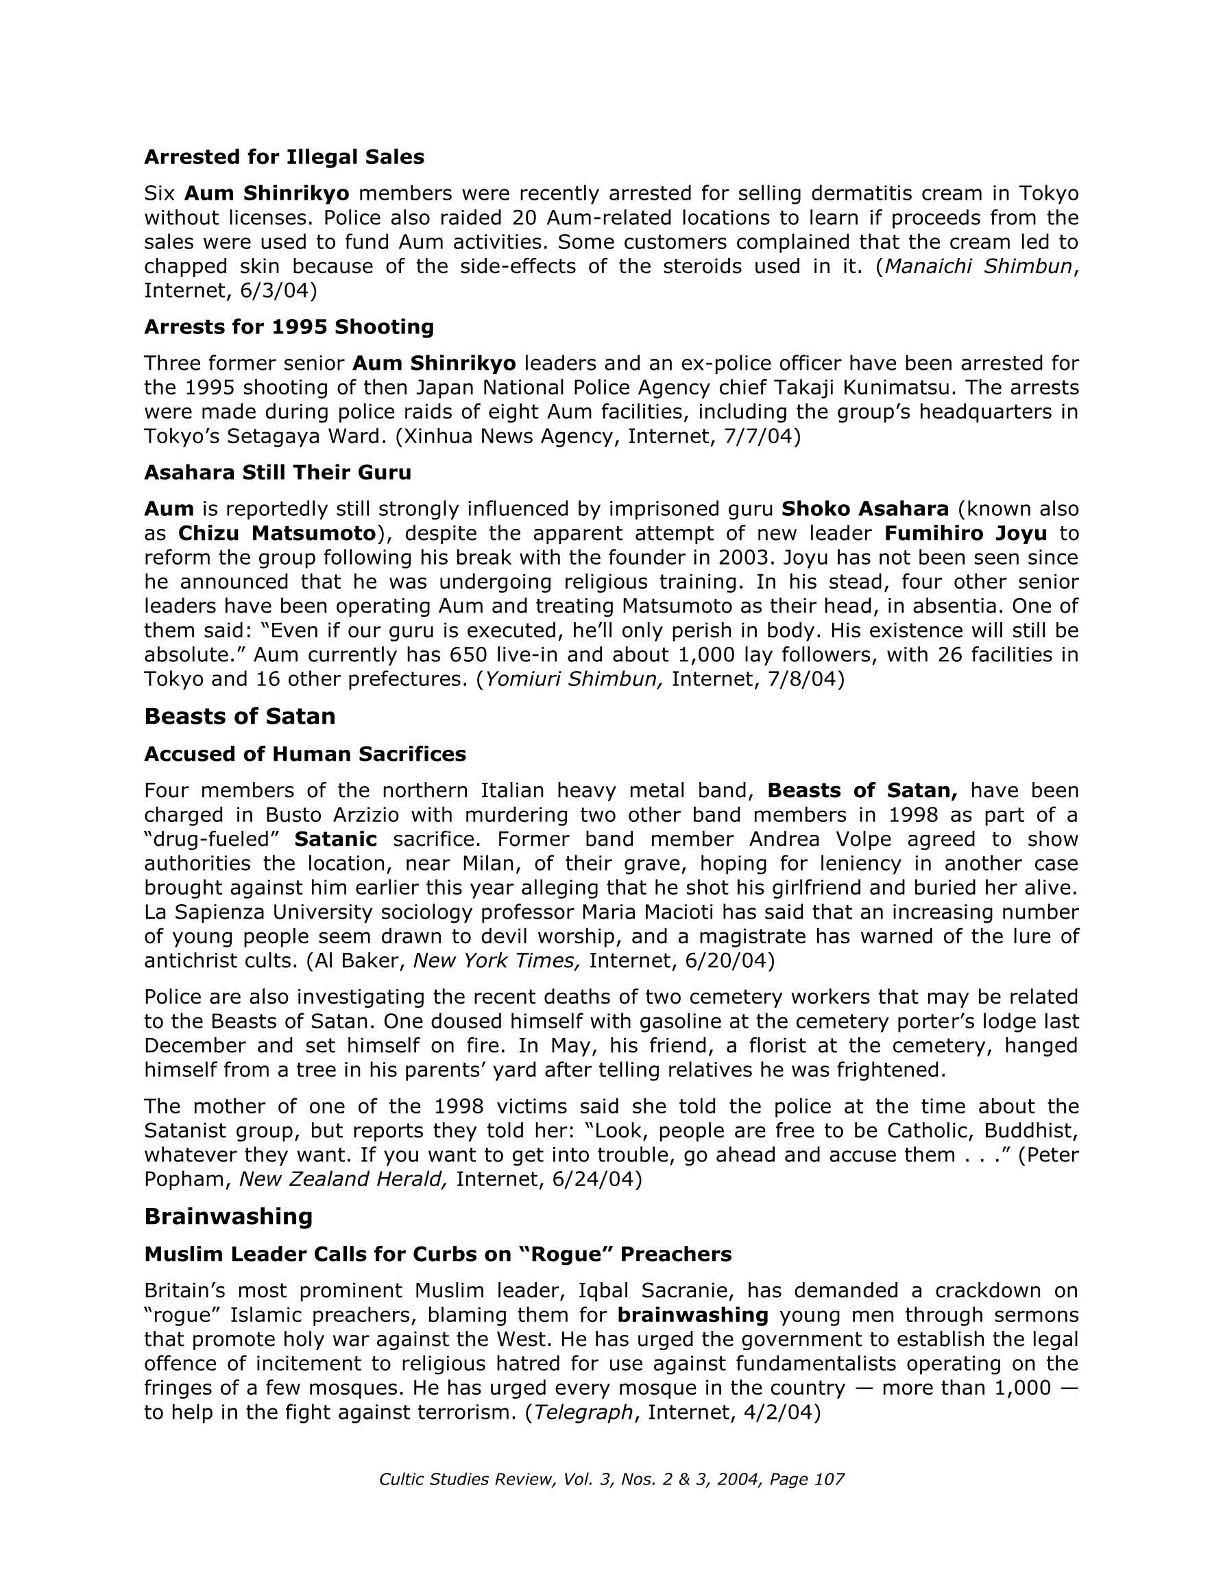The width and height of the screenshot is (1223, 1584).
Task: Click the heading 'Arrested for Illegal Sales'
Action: pyautogui.click(x=284, y=157)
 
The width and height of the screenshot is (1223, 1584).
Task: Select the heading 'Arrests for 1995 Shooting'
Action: pyautogui.click(x=289, y=327)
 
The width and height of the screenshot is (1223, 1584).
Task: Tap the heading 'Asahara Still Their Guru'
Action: pyautogui.click(x=278, y=473)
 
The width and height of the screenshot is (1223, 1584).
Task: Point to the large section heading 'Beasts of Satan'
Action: pyautogui.click(x=240, y=717)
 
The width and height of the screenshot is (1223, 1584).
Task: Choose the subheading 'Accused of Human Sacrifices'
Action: pyautogui.click(x=305, y=755)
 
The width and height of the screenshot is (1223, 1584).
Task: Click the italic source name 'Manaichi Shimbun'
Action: pyautogui.click(x=978, y=267)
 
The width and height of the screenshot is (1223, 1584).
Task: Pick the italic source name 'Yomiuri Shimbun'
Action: pyautogui.click(x=573, y=680)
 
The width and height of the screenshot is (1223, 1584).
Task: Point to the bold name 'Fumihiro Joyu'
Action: pyautogui.click(x=966, y=534)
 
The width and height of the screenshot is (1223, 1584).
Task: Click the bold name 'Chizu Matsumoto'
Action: pyautogui.click(x=277, y=534)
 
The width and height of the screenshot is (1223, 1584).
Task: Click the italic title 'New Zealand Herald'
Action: pyautogui.click(x=343, y=1179)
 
